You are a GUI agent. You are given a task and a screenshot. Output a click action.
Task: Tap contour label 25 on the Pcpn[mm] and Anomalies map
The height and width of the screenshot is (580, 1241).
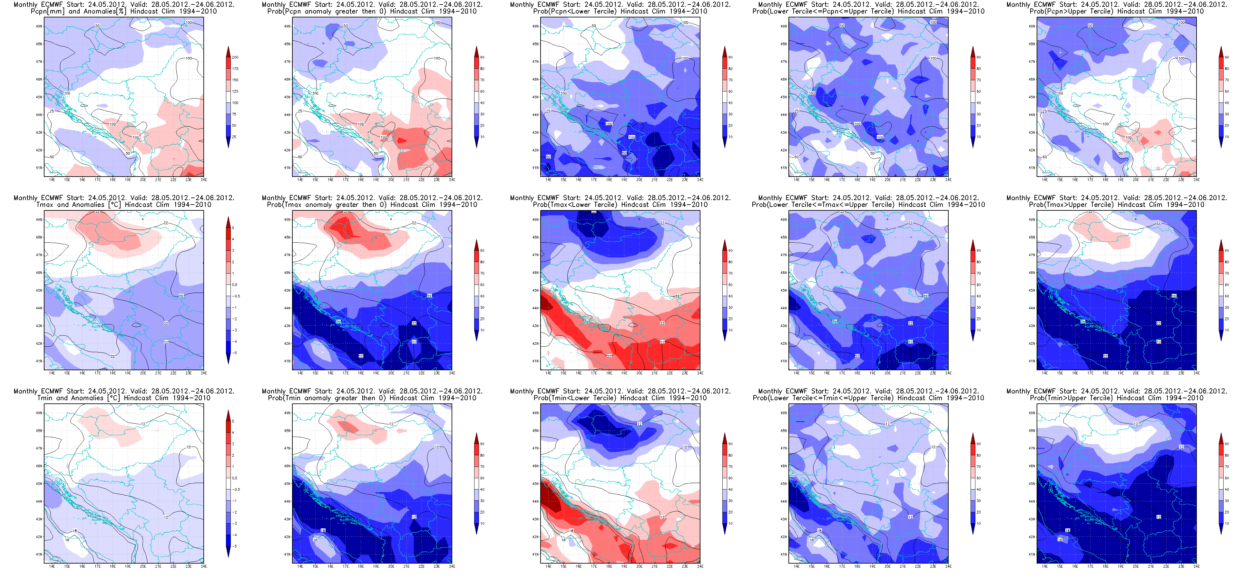tap(52, 111)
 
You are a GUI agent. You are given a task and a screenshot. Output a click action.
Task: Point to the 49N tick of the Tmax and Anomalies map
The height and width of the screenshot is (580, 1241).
tap(39, 220)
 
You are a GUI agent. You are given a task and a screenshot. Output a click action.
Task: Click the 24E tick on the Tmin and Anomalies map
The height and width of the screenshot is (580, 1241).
tap(204, 566)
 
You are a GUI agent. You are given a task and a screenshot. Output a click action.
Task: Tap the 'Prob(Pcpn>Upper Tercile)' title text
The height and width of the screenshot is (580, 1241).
tap(1116, 11)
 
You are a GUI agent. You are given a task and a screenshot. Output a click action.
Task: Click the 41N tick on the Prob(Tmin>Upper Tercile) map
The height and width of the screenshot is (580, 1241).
tap(1031, 555)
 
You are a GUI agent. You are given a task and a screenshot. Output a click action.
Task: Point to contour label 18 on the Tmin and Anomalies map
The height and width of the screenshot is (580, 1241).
tap(75, 531)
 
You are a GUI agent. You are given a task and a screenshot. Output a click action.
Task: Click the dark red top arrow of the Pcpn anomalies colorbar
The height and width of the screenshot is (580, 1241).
tap(228, 50)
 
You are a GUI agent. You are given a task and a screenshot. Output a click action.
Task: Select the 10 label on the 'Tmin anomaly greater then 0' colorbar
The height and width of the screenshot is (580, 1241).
tap(482, 524)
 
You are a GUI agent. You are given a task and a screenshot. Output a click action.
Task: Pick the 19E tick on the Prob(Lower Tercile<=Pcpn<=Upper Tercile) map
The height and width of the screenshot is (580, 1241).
tap(873, 180)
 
